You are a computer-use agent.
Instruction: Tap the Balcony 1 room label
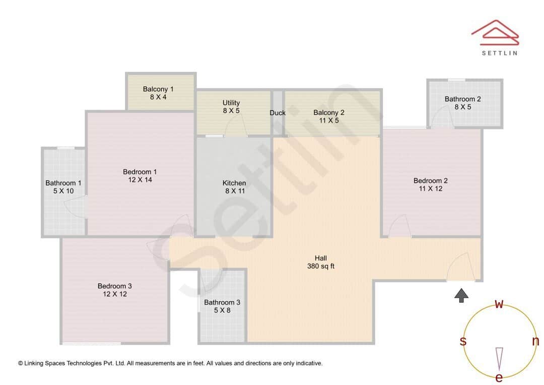pos(158,93)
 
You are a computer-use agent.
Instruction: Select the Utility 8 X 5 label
pos(231,107)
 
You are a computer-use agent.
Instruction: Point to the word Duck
pos(278,113)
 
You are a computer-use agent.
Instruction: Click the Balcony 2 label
pos(329,116)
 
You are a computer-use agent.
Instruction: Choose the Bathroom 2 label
pos(462,103)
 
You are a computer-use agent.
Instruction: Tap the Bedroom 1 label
pos(140,176)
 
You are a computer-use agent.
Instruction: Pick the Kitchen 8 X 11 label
pos(234,187)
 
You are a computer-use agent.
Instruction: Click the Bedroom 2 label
pos(430,184)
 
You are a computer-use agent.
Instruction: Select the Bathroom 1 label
pos(63,187)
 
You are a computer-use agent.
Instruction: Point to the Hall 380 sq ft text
pos(321,262)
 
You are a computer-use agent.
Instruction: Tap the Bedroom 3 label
pos(115,290)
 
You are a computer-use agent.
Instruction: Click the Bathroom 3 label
pos(222,306)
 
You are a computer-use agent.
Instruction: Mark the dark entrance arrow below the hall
pos(461,295)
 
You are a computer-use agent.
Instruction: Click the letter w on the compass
pos(499,304)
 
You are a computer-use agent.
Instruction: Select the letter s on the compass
pos(463,341)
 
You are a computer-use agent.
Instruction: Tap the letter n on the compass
pos(535,341)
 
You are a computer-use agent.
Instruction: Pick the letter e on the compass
pos(499,378)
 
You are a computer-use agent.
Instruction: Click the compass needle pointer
pos(499,358)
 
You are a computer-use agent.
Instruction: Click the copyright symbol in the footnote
pos(21,363)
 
